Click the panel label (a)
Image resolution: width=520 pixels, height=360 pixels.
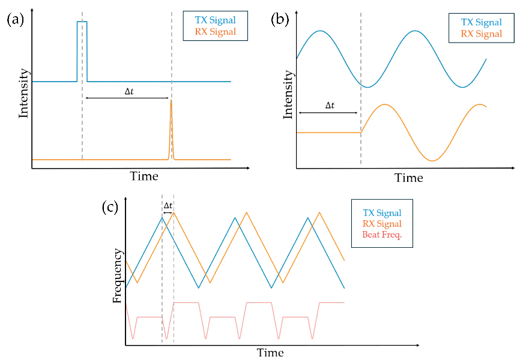pos(15,20)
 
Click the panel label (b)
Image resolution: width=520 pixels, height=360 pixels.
pos(280,20)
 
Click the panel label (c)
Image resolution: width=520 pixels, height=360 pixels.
pos(110,208)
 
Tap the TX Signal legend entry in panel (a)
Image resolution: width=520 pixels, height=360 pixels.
pos(215,20)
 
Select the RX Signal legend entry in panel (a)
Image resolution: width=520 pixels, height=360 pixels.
pos(215,32)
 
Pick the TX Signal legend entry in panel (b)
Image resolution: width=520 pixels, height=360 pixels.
pos(481,22)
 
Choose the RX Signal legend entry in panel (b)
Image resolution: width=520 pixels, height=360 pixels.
pos(481,34)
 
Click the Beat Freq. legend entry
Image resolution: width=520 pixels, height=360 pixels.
pos(382,235)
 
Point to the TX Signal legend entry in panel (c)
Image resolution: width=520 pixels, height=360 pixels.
pos(382,213)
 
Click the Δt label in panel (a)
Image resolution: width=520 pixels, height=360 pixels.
pos(129,91)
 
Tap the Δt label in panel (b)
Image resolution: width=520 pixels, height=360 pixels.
pos(330,106)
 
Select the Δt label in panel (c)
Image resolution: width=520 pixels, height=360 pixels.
pos(168,206)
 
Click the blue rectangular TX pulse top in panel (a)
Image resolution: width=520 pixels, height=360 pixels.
pos(82,22)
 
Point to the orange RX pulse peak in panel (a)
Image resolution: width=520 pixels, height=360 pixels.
pos(171,100)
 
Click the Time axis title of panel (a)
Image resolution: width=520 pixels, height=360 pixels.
pos(144,176)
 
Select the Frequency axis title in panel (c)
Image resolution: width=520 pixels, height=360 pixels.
pos(118,276)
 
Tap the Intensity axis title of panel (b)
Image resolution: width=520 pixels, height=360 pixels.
pos(288,94)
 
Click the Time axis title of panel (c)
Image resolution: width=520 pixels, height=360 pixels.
pos(270,353)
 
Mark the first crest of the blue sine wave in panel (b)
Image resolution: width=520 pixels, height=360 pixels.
pos(319,31)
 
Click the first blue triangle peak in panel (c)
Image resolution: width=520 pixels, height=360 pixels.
pos(162,218)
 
